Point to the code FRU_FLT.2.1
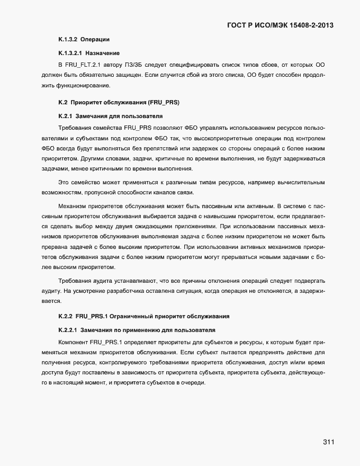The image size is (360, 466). pos(84,65)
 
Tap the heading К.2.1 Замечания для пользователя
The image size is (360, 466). pos(110,115)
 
